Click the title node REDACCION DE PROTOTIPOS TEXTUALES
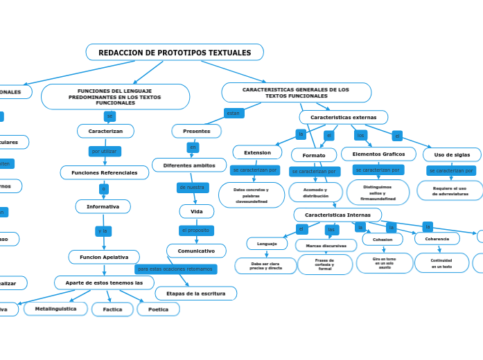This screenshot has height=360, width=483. click(x=175, y=53)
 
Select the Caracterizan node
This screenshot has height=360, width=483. click(x=105, y=131)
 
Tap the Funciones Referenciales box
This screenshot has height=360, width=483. click(x=105, y=172)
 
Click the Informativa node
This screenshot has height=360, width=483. click(x=103, y=206)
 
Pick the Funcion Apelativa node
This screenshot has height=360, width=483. click(x=104, y=257)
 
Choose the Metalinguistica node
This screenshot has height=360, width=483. click(x=55, y=309)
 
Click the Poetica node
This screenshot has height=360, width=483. click(x=158, y=309)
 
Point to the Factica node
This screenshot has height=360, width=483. click(x=112, y=309)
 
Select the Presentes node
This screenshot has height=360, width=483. click(x=196, y=131)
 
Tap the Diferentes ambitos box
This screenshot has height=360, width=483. click(x=189, y=165)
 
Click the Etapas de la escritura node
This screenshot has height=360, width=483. click(x=196, y=294)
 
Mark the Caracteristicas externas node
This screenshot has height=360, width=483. click(x=343, y=117)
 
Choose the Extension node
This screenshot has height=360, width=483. click(x=257, y=152)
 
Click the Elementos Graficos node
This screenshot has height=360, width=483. click(x=378, y=154)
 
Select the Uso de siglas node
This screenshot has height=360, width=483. click(x=452, y=154)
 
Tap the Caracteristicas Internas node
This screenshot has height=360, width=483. click(x=337, y=215)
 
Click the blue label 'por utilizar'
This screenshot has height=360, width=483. click(x=105, y=151)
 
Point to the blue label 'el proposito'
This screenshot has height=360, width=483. click(x=195, y=230)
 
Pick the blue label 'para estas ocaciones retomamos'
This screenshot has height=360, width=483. click(x=175, y=269)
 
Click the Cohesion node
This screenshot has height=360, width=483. click(x=383, y=240)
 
